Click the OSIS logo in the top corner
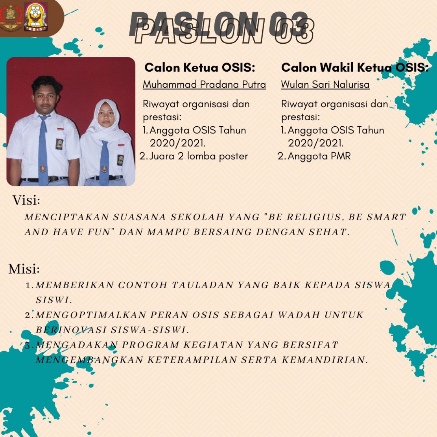tap(36, 17)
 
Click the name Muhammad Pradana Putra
tap(204, 85)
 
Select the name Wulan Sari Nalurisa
tap(325, 85)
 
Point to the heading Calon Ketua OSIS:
tap(200, 68)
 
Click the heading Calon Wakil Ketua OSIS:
tap(355, 68)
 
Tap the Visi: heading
tap(26, 200)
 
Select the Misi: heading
tap(24, 269)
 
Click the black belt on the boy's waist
tap(44, 179)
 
